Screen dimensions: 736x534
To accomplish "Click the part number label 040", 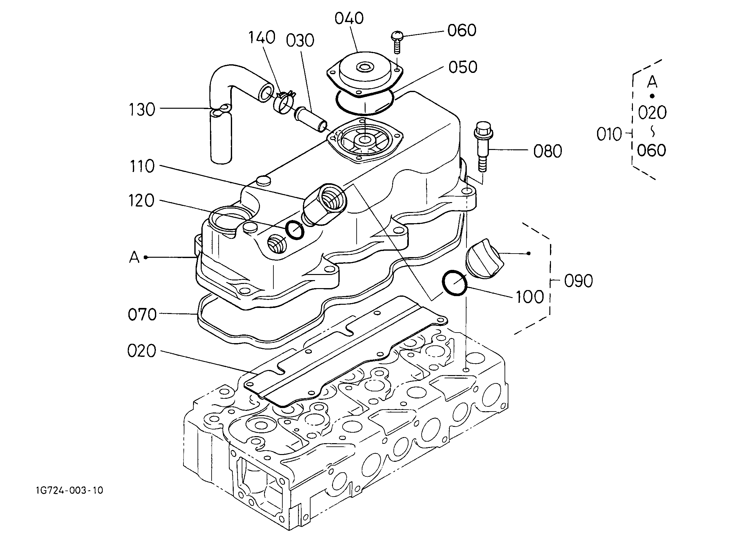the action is [349, 19].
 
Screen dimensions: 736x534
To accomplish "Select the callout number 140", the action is [262, 37].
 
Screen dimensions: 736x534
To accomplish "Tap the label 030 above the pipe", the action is [300, 41].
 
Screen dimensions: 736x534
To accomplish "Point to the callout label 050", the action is [463, 67].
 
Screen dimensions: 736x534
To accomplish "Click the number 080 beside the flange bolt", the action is [547, 151].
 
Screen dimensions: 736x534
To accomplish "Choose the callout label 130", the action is [142, 110].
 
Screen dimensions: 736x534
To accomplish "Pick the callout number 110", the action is [142, 167].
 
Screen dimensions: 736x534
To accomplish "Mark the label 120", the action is [142, 201].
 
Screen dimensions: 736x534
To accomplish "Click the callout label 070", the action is [142, 315].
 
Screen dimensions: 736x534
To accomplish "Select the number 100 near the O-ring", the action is [530, 297].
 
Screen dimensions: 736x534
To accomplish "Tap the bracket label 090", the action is [578, 281].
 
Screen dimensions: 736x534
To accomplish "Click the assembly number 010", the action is [609, 135].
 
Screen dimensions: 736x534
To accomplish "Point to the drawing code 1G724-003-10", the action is [69, 490].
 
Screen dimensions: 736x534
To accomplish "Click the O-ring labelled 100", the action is [455, 283].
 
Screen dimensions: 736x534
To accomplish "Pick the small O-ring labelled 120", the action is [295, 230].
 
